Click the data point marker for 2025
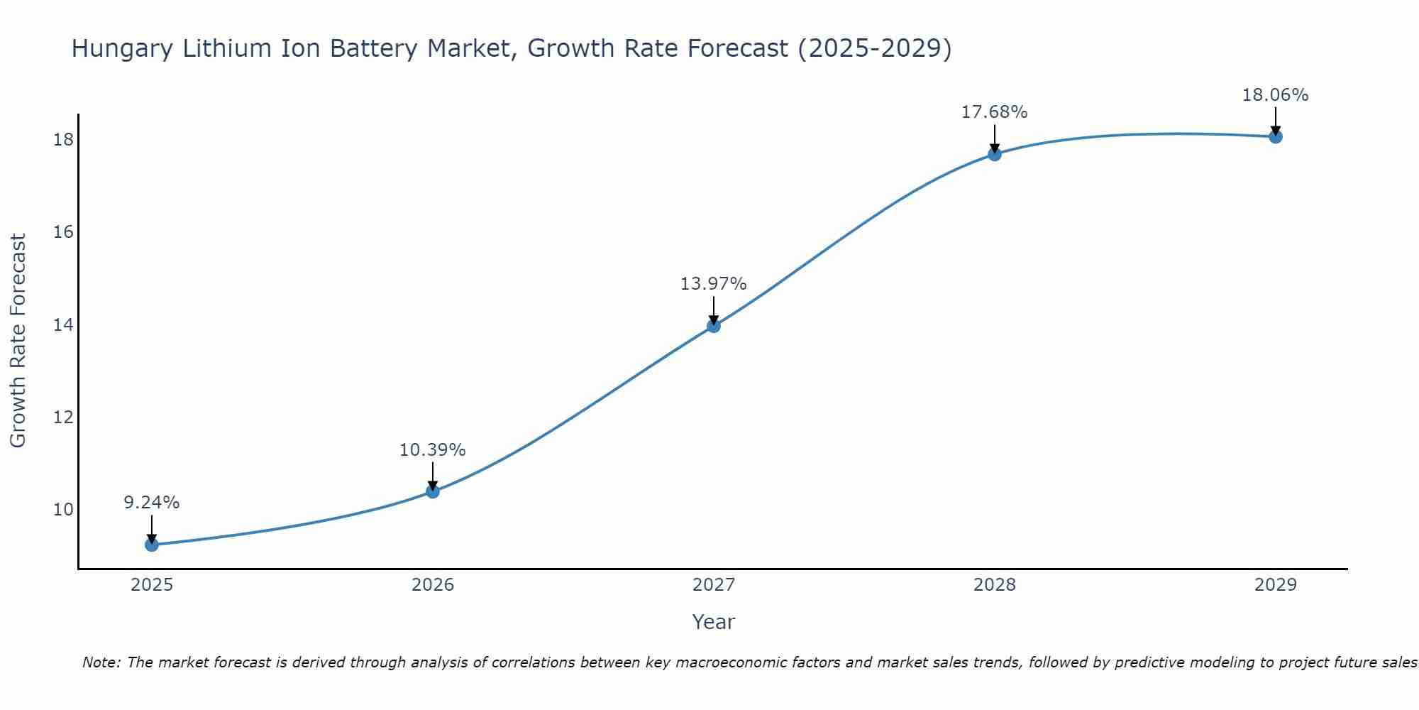pyautogui.click(x=152, y=545)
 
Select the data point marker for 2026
pyautogui.click(x=433, y=491)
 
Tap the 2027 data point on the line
pyautogui.click(x=714, y=326)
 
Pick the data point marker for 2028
pyautogui.click(x=995, y=154)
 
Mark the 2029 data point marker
pyautogui.click(x=1276, y=136)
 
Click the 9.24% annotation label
pyautogui.click(x=152, y=503)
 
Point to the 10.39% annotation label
pyautogui.click(x=433, y=450)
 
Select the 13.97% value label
pyautogui.click(x=714, y=284)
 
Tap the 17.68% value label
pyautogui.click(x=995, y=112)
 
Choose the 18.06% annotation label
pyautogui.click(x=1276, y=95)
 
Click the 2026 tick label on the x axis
pyautogui.click(x=433, y=585)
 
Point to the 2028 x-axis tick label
pyautogui.click(x=995, y=585)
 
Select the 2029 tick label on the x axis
pyautogui.click(x=1276, y=585)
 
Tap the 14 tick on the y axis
pyautogui.click(x=64, y=325)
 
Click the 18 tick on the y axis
pyautogui.click(x=64, y=140)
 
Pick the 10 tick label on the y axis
pyautogui.click(x=64, y=510)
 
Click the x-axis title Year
pyautogui.click(x=714, y=622)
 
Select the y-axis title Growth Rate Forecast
pyautogui.click(x=18, y=341)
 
